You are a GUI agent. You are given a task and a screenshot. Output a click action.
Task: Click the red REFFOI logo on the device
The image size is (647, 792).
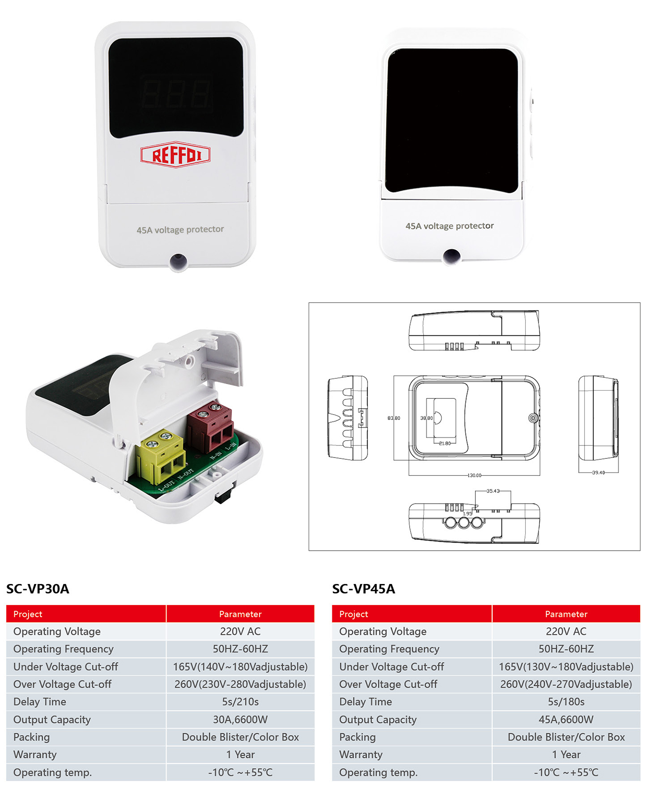(x=175, y=155)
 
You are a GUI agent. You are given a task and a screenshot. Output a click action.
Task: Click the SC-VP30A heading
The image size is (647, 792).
(x=38, y=589)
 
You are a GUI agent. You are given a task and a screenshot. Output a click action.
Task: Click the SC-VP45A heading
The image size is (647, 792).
(x=364, y=589)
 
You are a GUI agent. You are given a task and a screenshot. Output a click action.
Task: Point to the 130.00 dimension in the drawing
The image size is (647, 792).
(x=474, y=475)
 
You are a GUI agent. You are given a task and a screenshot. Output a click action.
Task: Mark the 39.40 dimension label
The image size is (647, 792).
(x=598, y=473)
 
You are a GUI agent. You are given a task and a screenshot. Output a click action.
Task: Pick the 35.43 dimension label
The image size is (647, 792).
(x=493, y=491)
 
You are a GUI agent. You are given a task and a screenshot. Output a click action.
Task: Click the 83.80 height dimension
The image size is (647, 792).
(x=393, y=418)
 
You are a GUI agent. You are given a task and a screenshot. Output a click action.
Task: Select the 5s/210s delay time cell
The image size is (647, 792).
(x=240, y=702)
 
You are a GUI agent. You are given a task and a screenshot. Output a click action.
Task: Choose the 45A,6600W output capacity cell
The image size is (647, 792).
(x=566, y=719)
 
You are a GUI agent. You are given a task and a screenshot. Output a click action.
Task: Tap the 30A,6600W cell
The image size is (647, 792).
(x=240, y=719)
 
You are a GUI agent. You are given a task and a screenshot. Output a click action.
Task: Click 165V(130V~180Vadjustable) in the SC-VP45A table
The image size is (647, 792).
(x=566, y=666)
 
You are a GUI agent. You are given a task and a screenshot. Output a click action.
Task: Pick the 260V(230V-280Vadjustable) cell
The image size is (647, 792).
(x=240, y=684)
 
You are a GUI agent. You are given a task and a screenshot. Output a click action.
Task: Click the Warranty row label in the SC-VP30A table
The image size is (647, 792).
(x=35, y=754)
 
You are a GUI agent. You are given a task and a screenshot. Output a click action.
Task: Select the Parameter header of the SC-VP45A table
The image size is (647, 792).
(x=566, y=614)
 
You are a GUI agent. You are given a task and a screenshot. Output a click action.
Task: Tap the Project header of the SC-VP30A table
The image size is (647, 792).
(x=28, y=614)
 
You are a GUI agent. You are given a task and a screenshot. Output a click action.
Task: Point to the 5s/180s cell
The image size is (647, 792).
(x=566, y=702)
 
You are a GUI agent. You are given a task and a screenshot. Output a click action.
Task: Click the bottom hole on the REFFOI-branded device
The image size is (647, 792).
(x=178, y=261)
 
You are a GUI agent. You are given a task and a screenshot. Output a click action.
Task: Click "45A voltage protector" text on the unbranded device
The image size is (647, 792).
(x=449, y=226)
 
